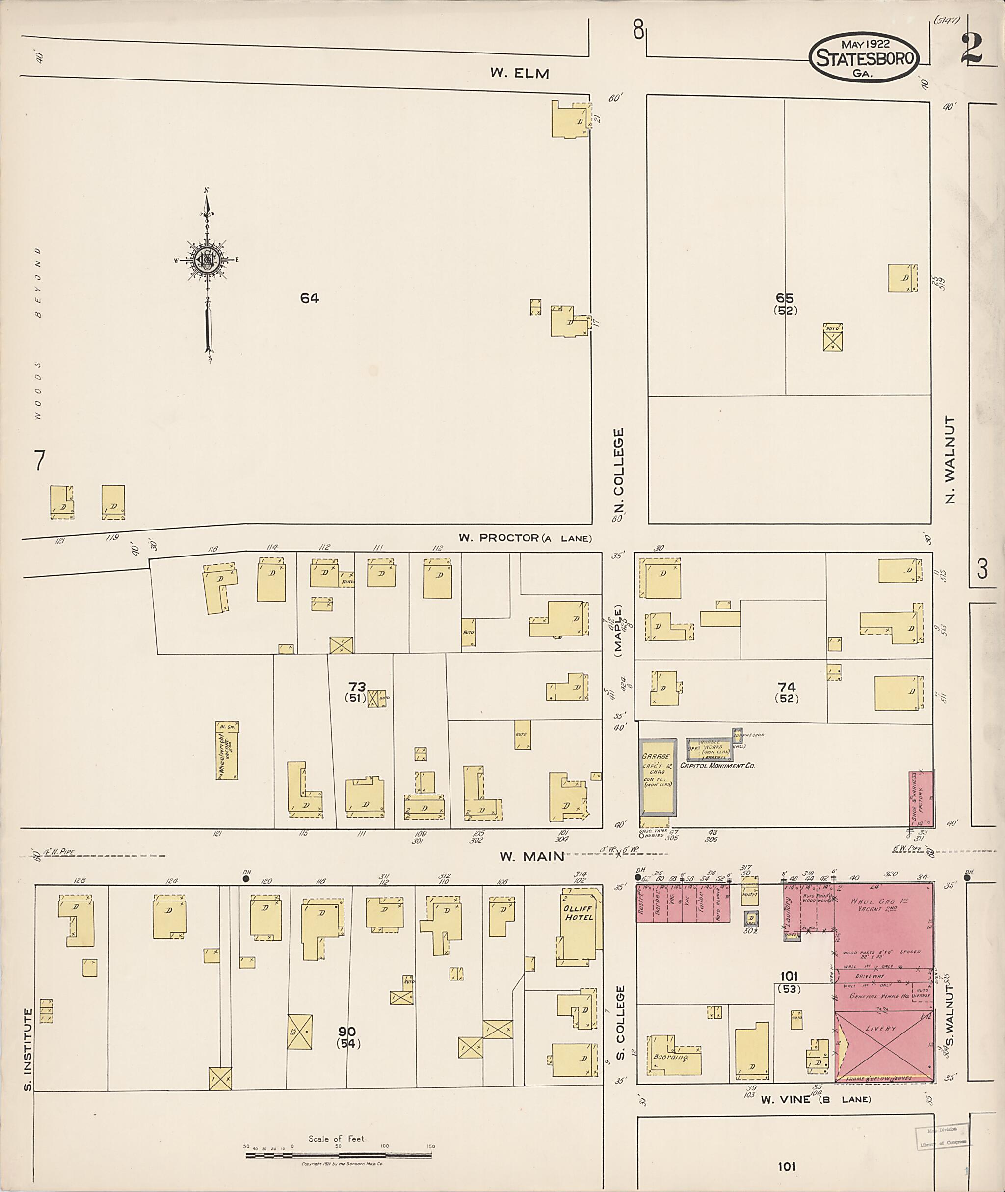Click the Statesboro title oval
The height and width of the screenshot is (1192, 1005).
pos(863,57)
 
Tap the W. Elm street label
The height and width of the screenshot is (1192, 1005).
pos(519,73)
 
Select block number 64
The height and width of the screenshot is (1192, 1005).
pos(309,298)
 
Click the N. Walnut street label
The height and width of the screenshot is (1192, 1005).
pos(949,460)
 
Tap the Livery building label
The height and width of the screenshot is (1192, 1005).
pos(881,1029)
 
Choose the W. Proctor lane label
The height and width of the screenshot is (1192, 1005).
pos(525,538)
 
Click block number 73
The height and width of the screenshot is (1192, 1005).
pos(357,687)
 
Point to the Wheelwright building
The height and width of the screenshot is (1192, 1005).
pos(227,751)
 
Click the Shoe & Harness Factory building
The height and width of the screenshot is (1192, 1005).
pos(920,799)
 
